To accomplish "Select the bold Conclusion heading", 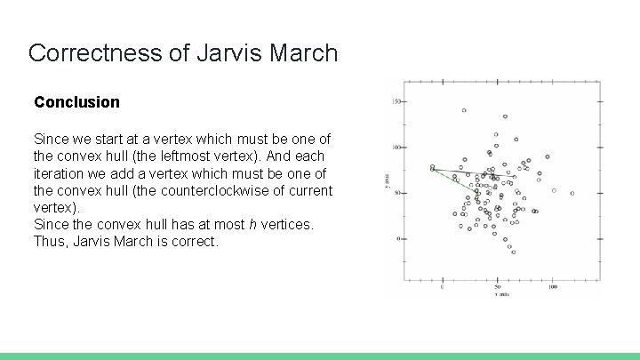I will [x=76, y=102].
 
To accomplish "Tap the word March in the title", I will [x=301, y=52].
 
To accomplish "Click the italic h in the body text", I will [x=253, y=224].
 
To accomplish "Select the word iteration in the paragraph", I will [x=60, y=173].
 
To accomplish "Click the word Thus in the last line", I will [x=49, y=241].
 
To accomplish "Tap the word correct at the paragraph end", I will [x=194, y=241].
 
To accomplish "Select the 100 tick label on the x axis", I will [x=552, y=287].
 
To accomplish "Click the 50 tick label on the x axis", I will [x=498, y=287].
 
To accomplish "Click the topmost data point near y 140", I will [x=464, y=111].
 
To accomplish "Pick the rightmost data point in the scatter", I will [x=572, y=193].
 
